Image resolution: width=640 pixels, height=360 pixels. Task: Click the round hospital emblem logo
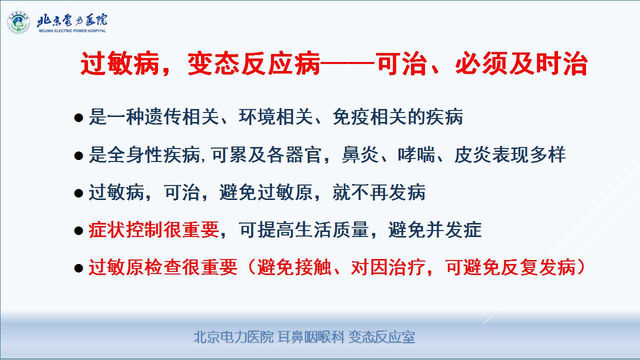tap(18, 22)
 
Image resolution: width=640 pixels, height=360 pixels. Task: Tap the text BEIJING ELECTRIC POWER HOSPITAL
tap(72, 31)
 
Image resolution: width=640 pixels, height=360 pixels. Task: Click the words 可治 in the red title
tap(401, 63)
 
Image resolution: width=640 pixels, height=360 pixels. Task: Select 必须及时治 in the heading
tap(521, 63)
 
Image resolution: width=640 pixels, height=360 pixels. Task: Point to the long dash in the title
tap(347, 62)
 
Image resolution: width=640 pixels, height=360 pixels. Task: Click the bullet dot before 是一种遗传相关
tap(78, 117)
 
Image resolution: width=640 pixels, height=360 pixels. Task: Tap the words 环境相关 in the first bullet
tap(275, 117)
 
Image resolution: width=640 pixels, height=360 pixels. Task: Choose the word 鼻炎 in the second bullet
tap(360, 154)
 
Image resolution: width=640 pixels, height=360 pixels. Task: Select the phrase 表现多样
tap(529, 154)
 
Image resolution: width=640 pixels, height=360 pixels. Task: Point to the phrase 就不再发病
tap(379, 192)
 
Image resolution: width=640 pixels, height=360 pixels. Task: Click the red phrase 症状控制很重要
tap(153, 229)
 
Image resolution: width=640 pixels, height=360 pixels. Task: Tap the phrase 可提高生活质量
tap(303, 229)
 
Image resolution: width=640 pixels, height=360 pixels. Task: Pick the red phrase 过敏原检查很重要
tap(163, 267)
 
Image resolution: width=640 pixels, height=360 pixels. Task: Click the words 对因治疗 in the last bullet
tap(388, 267)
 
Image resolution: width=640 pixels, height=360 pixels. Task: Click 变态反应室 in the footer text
tap(381, 337)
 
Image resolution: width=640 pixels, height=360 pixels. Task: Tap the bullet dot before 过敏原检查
tap(78, 268)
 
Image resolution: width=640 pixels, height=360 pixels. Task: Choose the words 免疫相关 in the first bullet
tap(369, 117)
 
